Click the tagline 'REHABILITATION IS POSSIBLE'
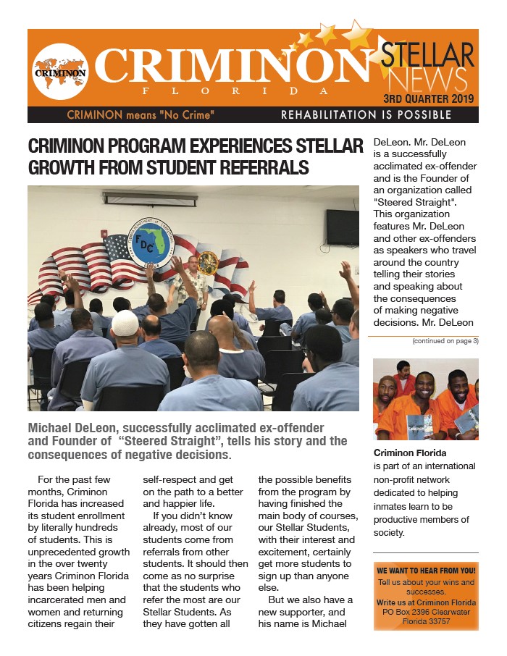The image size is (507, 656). [366, 115]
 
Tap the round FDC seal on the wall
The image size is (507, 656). [150, 245]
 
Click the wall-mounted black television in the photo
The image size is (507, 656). [342, 227]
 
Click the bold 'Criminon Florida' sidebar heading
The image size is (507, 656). [409, 453]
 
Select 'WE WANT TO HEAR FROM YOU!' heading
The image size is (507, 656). [426, 571]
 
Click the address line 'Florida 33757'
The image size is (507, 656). [426, 621]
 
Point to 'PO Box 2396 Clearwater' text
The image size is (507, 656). [426, 612]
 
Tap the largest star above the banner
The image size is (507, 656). [356, 35]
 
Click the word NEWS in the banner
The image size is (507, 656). [427, 79]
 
